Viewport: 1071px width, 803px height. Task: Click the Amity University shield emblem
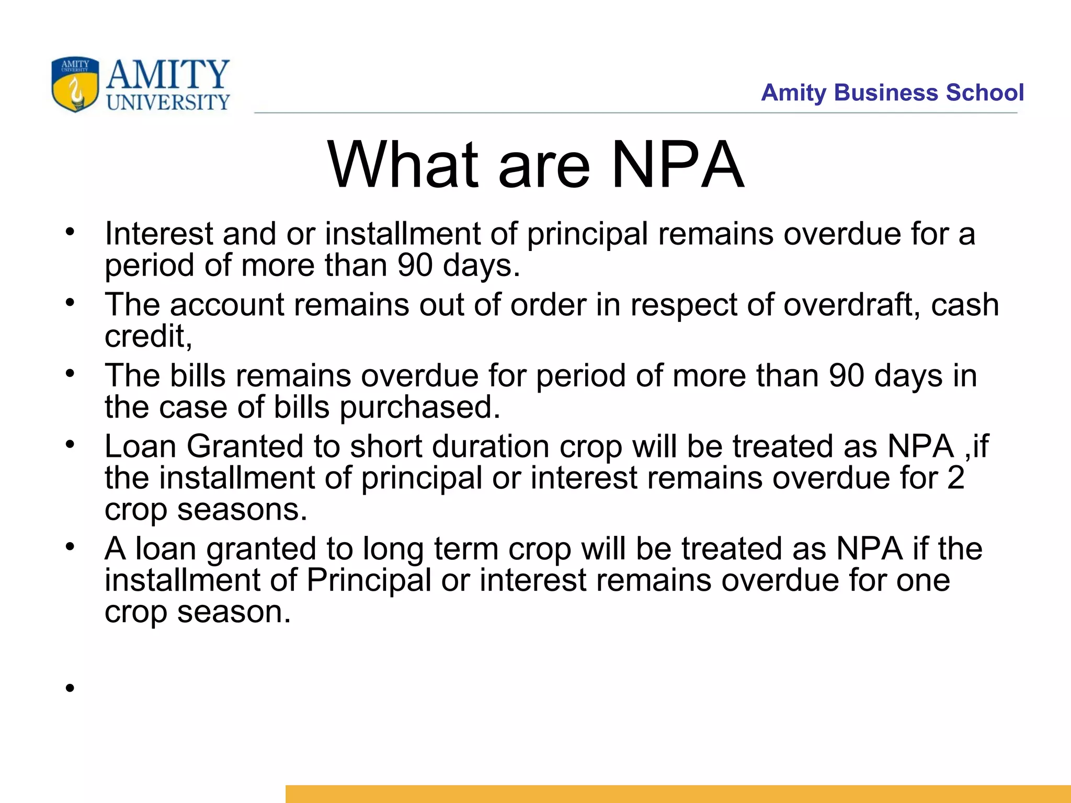(x=75, y=84)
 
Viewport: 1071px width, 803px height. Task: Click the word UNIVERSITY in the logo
(x=168, y=102)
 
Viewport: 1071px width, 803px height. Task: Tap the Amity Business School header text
(x=892, y=93)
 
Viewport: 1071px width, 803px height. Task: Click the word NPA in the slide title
(x=677, y=166)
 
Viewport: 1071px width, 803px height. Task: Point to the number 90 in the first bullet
(x=415, y=265)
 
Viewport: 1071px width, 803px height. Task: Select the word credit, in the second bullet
(x=149, y=336)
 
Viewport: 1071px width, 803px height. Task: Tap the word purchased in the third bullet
(x=420, y=407)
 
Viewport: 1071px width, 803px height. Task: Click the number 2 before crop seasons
(x=955, y=478)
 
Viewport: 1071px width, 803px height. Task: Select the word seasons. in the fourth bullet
(x=242, y=509)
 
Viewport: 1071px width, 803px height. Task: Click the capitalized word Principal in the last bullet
(x=368, y=580)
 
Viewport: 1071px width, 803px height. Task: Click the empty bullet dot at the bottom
(x=70, y=688)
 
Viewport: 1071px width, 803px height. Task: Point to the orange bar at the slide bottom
(x=678, y=794)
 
